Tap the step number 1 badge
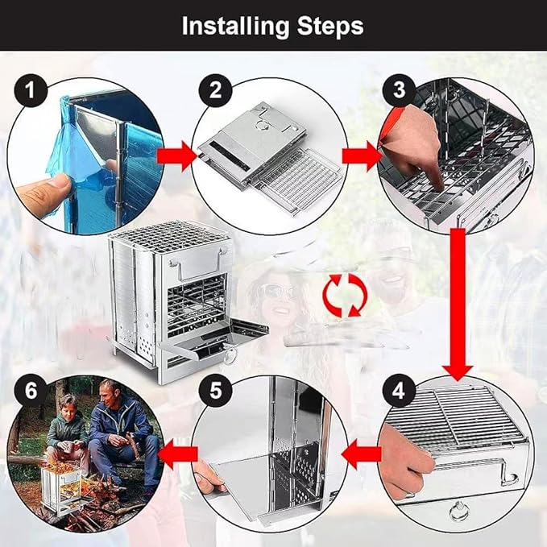click(31, 93)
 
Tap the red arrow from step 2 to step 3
click(361, 155)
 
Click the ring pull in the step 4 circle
click(460, 512)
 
